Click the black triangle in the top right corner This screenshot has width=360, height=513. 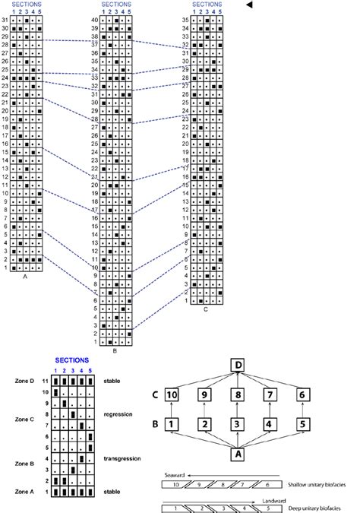point(248,5)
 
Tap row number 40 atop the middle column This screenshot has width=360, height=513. point(94,19)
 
